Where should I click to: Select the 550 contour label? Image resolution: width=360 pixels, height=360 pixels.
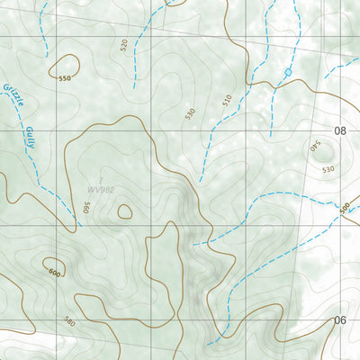click(x=64, y=79)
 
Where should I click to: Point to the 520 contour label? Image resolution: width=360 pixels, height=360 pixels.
click(x=123, y=43)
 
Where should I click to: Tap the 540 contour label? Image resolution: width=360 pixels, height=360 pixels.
click(x=315, y=144)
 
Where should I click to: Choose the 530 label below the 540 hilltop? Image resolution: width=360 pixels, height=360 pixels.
click(x=327, y=169)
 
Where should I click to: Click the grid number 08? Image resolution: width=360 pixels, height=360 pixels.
click(x=340, y=130)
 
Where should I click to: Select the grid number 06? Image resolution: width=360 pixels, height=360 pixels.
click(x=340, y=320)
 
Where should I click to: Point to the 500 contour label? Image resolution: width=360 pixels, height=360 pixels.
click(x=345, y=207)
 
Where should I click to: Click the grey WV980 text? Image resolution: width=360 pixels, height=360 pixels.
click(x=102, y=190)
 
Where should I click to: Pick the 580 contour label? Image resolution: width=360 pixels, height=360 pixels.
click(x=70, y=321)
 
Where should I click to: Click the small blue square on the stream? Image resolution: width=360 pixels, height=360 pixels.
click(x=288, y=71)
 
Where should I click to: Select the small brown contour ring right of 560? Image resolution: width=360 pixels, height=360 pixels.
click(x=124, y=211)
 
